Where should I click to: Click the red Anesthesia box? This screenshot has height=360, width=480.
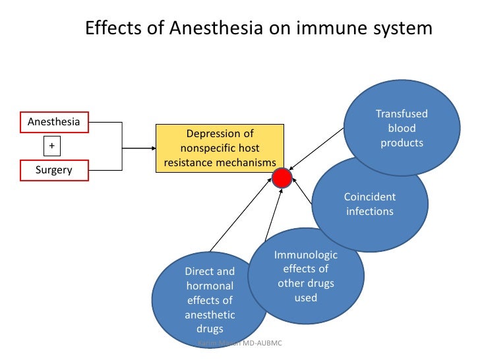pyautogui.click(x=53, y=122)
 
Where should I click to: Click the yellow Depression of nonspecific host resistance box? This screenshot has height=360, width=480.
pyautogui.click(x=220, y=148)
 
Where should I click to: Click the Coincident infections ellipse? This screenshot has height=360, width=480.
pyautogui.click(x=369, y=204)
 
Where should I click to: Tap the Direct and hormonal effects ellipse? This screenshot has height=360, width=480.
pyautogui.click(x=209, y=300)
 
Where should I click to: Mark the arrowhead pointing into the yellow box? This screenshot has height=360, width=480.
pyautogui.click(x=152, y=148)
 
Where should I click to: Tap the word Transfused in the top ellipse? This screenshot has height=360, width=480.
pyautogui.click(x=402, y=113)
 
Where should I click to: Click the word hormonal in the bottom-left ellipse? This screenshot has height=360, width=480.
pyautogui.click(x=210, y=286)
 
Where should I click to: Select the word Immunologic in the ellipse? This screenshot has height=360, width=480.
pyautogui.click(x=305, y=255)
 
